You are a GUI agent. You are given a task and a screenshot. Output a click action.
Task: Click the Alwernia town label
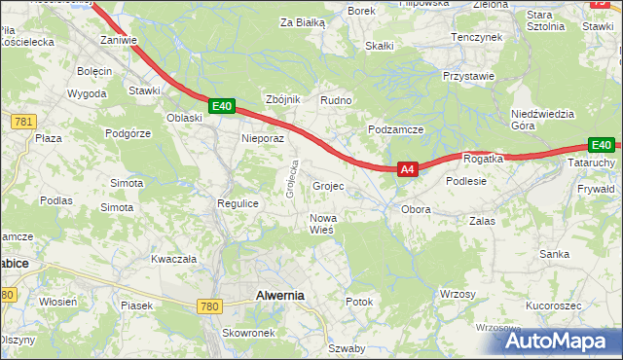(279, 295)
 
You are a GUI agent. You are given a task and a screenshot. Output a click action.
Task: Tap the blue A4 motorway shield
(408, 169)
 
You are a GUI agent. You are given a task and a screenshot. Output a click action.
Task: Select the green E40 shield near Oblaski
(222, 106)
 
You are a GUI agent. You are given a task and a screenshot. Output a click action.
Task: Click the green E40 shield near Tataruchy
(601, 146)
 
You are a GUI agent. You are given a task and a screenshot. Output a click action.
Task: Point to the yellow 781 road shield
(24, 121)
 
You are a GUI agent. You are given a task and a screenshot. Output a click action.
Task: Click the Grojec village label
(329, 186)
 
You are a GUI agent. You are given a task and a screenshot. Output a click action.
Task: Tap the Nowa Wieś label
(322, 224)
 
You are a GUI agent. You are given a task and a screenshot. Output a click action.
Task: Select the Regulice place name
(237, 203)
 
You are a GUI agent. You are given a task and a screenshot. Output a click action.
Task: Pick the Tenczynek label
(475, 36)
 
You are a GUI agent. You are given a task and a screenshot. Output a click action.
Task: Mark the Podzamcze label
(395, 129)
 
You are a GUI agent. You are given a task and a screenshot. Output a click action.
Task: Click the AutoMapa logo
(556, 341)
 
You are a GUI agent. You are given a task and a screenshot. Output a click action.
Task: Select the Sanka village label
(555, 254)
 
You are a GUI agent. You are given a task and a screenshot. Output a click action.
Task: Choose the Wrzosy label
(458, 294)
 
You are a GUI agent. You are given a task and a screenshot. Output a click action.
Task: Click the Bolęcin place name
(95, 72)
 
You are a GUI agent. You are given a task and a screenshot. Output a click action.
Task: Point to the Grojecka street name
(290, 179)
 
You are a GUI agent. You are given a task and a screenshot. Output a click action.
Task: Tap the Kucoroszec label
(553, 306)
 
